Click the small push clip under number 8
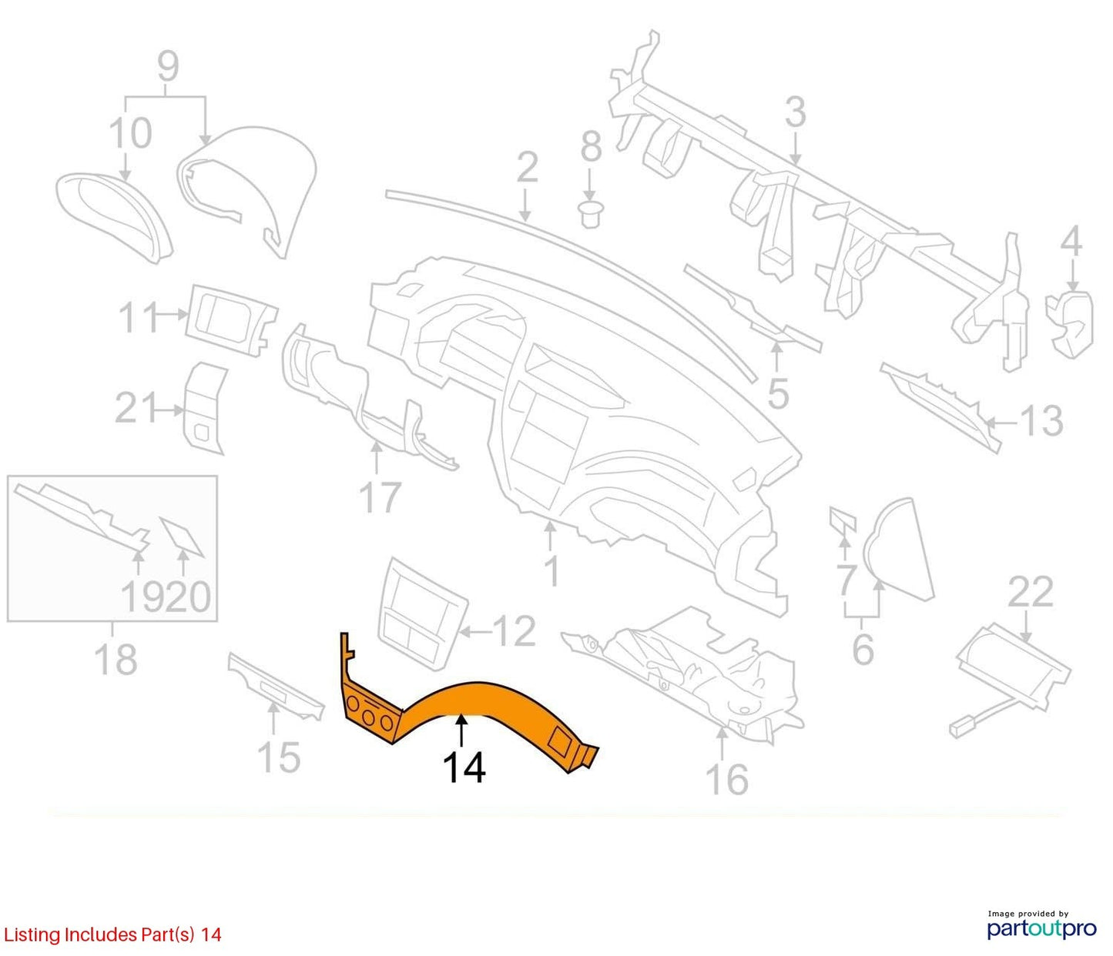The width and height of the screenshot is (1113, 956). pyautogui.click(x=591, y=213)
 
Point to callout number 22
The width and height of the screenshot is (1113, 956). pyautogui.click(x=1030, y=592)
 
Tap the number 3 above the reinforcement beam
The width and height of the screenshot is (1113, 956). pyautogui.click(x=796, y=112)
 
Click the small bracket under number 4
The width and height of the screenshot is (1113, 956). pyautogui.click(x=1070, y=325)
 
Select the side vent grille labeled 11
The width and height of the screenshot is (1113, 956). pyautogui.click(x=230, y=321)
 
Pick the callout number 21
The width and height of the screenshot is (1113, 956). pyautogui.click(x=135, y=408)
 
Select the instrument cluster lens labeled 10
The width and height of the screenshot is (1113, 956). pyautogui.click(x=114, y=217)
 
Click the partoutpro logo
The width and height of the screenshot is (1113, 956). pyautogui.click(x=1041, y=929)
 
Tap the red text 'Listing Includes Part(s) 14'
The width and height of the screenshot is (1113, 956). pyautogui.click(x=112, y=934)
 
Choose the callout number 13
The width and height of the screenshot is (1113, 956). pyautogui.click(x=1041, y=420)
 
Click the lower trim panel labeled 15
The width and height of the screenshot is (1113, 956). pyautogui.click(x=277, y=687)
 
